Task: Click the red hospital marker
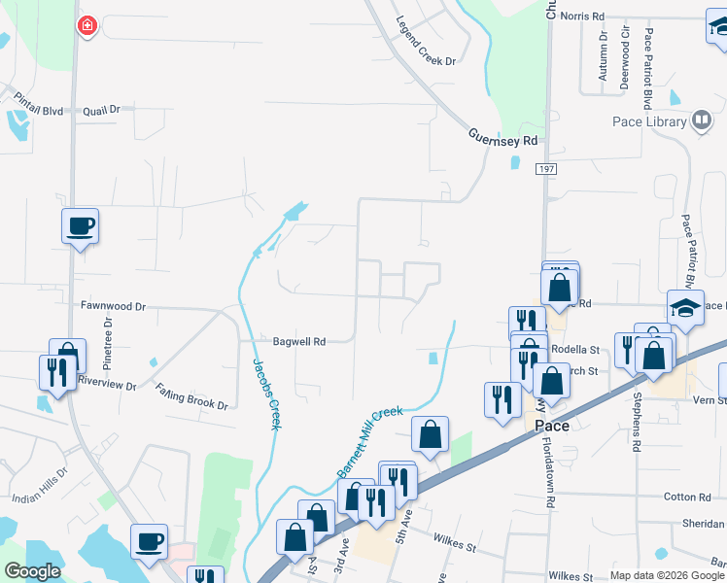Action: pyautogui.click(x=87, y=25)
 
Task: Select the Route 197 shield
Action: pyautogui.click(x=545, y=169)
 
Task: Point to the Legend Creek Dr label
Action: pyautogui.click(x=426, y=41)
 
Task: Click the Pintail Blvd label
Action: pyautogui.click(x=38, y=111)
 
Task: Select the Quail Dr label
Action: pyautogui.click(x=101, y=110)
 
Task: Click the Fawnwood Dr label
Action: pyautogui.click(x=113, y=305)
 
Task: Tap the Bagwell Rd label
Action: pyautogui.click(x=298, y=341)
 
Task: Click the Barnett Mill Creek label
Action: pyautogui.click(x=369, y=440)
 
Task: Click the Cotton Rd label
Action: pyautogui.click(x=687, y=497)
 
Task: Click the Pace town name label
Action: pyautogui.click(x=551, y=426)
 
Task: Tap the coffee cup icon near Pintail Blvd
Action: pyautogui.click(x=81, y=226)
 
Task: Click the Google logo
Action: pyautogui.click(x=33, y=571)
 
